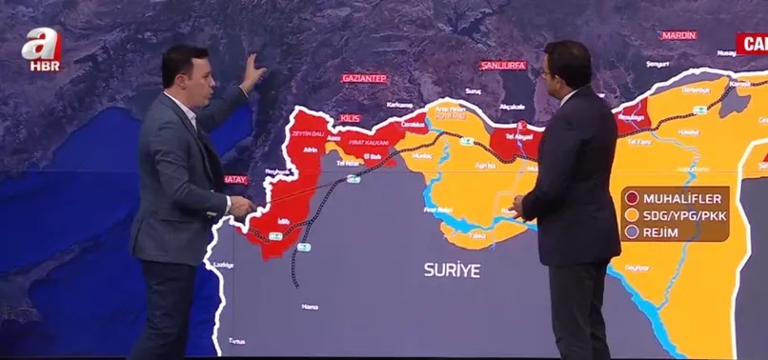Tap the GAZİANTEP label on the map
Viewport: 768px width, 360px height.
pyautogui.click(x=364, y=78)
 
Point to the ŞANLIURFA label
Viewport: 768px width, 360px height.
pyautogui.click(x=503, y=66)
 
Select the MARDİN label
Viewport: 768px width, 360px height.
pyautogui.click(x=677, y=35)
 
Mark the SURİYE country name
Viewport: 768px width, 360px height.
pyautogui.click(x=453, y=270)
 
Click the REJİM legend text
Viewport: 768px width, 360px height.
pyautogui.click(x=663, y=234)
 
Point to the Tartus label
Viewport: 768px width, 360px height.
pyautogui.click(x=235, y=341)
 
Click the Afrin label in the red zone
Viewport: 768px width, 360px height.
pyautogui.click(x=310, y=150)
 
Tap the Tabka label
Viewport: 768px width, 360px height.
pyautogui.click(x=477, y=234)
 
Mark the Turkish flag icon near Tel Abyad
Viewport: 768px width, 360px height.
pyautogui.click(x=521, y=126)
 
